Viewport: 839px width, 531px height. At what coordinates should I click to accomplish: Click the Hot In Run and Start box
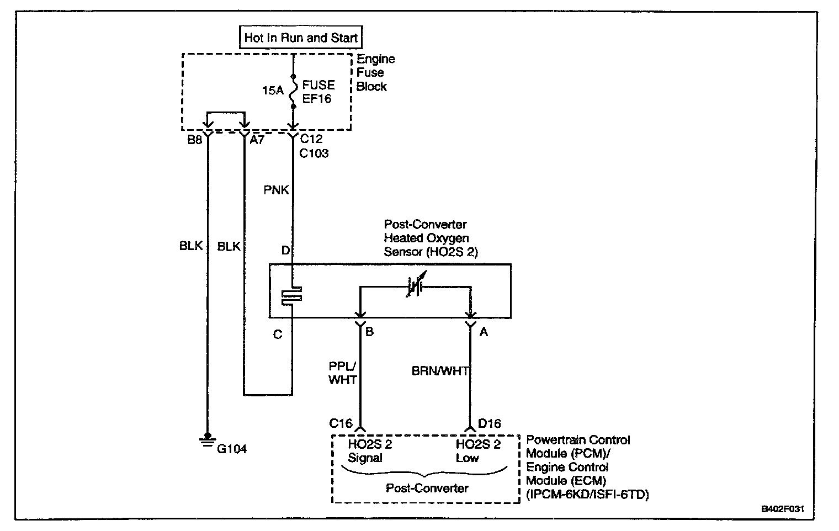301,38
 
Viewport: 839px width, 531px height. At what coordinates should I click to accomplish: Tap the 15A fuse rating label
273,91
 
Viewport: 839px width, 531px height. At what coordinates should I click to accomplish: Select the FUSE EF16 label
318,92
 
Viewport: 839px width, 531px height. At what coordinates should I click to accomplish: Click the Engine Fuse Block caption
375,72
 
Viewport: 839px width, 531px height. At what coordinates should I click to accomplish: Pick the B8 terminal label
195,140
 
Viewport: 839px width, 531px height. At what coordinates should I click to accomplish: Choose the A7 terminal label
257,140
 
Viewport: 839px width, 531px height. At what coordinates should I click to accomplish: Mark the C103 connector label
314,153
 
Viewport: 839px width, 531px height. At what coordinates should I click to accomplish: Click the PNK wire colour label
276,190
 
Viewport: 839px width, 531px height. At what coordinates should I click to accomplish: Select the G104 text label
231,449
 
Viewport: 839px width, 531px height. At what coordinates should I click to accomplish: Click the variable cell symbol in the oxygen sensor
415,286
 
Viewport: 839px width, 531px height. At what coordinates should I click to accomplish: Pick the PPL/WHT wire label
342,374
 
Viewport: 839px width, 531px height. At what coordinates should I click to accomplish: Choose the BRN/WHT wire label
439,371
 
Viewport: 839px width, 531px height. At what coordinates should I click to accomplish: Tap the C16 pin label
340,423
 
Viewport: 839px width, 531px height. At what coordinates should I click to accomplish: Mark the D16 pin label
489,423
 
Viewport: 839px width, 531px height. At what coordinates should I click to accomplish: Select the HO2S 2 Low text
477,451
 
